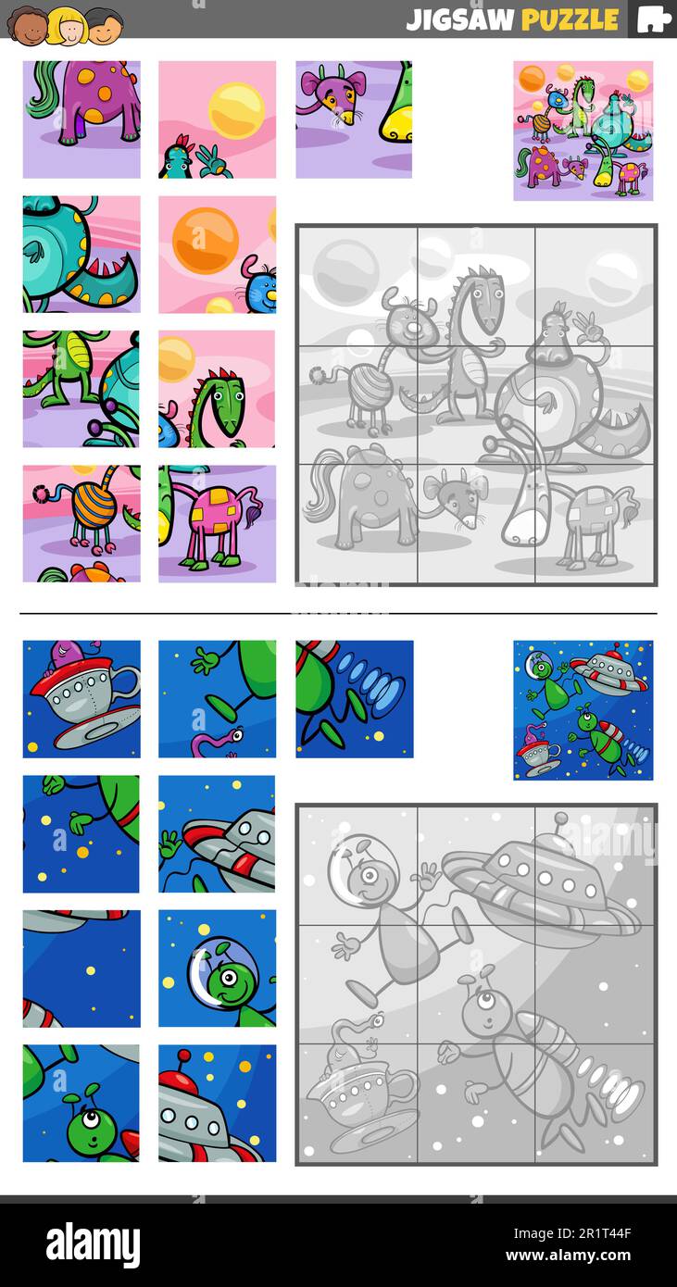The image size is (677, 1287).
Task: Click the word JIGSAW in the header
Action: [459, 19]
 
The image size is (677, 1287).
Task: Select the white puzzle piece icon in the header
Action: [653, 19]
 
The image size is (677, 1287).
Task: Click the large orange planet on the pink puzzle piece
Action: [205, 240]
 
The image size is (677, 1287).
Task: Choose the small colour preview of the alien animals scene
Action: [583, 131]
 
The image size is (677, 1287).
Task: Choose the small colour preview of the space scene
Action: [583, 709]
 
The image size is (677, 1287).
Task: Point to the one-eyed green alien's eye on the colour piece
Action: [92, 1118]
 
